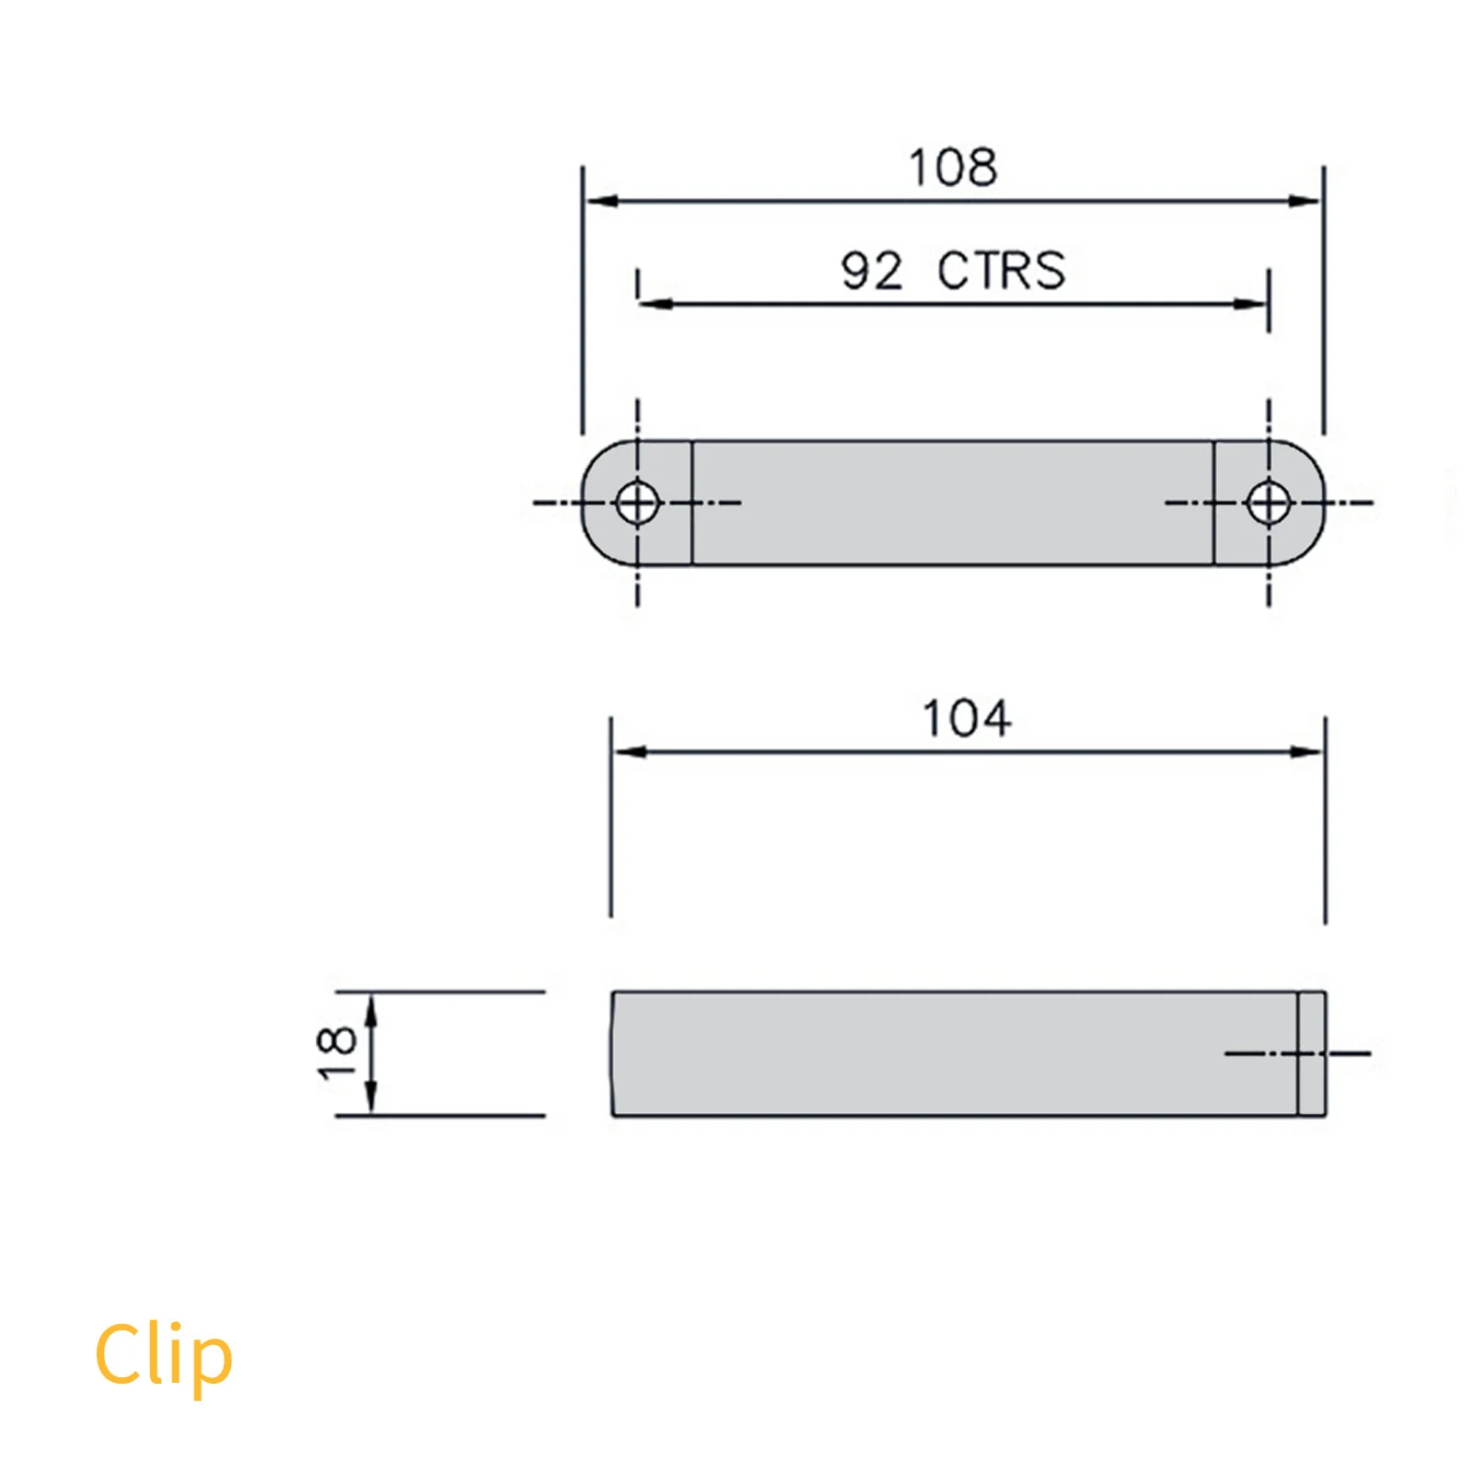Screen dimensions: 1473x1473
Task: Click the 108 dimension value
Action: tap(953, 168)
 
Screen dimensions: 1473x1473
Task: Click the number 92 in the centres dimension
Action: tap(871, 272)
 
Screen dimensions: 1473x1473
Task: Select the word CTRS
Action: tap(1001, 272)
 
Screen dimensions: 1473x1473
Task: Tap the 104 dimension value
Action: tap(967, 719)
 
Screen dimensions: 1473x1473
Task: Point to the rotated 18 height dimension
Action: tap(335, 1052)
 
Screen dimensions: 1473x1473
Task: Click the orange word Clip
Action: tap(164, 1355)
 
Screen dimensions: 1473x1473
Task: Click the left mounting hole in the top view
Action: tap(637, 503)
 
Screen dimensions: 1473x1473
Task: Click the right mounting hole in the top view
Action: tap(1269, 503)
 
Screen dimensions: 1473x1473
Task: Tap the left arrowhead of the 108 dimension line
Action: tap(600, 201)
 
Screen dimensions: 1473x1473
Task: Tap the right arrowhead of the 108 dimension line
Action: tap(1305, 201)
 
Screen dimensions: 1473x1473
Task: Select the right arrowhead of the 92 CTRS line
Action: tap(1252, 303)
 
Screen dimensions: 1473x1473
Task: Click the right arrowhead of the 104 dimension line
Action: tap(1307, 752)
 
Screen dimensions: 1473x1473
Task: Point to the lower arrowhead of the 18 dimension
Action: tap(371, 1097)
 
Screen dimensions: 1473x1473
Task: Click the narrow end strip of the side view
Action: tap(1312, 1053)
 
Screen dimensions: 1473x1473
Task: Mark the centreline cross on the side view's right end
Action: tap(1298, 1053)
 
